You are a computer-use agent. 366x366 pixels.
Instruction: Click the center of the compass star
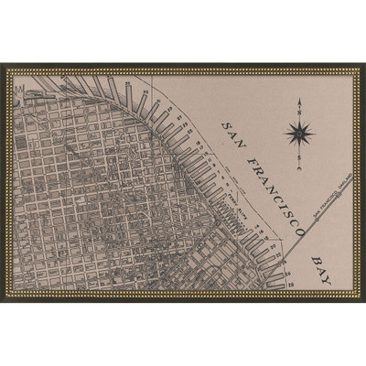[x=299, y=135]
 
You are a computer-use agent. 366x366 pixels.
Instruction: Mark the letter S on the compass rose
[x=299, y=157]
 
